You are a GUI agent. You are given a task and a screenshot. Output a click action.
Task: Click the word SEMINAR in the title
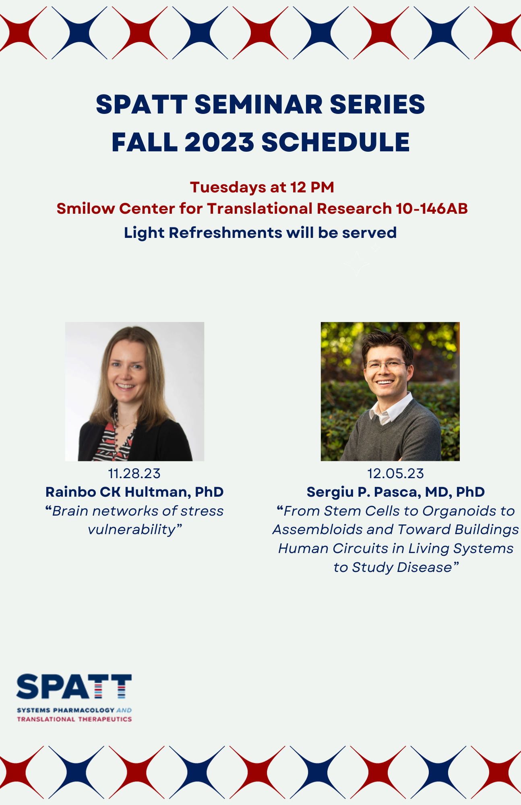(258, 105)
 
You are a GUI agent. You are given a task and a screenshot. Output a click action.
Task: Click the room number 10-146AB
(432, 208)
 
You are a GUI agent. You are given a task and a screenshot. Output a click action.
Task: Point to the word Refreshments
(225, 233)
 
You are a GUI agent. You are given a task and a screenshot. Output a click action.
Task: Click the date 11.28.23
(134, 474)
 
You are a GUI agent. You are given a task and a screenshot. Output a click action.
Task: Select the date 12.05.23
(395, 474)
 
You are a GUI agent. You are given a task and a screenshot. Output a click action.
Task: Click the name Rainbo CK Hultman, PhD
(134, 492)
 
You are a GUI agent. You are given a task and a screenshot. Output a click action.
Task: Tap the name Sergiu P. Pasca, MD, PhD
(395, 492)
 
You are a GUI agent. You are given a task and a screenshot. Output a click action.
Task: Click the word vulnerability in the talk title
(132, 530)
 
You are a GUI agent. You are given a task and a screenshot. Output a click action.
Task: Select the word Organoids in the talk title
(459, 511)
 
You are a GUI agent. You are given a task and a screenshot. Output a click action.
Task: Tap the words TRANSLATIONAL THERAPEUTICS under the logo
(74, 719)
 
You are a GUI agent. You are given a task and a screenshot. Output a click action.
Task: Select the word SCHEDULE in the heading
(335, 142)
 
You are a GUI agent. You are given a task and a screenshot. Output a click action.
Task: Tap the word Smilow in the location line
(85, 208)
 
